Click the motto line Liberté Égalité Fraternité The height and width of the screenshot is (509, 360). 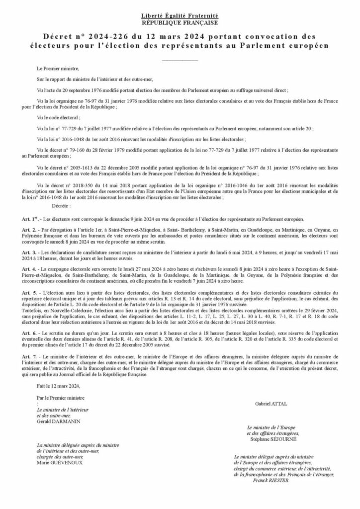pyautogui.click(x=180, y=17)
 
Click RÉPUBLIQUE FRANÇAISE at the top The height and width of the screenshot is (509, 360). pyautogui.click(x=180, y=23)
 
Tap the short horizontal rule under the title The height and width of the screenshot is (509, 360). pyautogui.click(x=180, y=60)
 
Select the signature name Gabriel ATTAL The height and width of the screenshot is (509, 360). pyautogui.click(x=271, y=404)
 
